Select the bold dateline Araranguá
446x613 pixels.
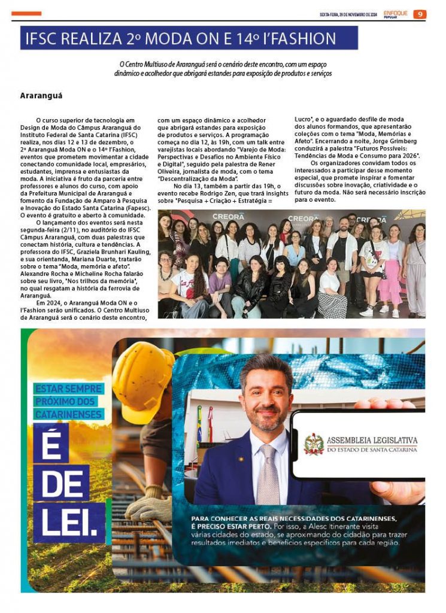tap(41, 95)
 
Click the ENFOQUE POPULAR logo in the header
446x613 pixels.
tap(396, 14)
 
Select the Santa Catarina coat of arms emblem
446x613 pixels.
tap(314, 444)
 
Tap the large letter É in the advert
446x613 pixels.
tap(51, 443)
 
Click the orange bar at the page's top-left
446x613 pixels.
tap(26, 13)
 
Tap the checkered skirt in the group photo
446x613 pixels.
tap(331, 305)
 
